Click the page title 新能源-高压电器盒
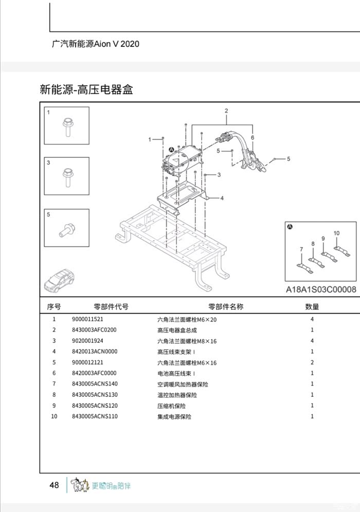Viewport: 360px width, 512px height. [86, 89]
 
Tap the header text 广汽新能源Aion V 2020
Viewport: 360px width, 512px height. [96, 44]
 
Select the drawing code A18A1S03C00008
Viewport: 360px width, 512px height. [321, 289]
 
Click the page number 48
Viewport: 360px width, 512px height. [54, 485]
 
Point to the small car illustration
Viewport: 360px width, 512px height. [59, 279]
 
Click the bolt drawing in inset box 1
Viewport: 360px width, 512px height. [67, 126]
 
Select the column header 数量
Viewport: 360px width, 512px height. [312, 307]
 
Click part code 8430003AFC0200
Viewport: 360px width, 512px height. [95, 330]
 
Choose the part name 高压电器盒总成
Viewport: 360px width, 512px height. [177, 331]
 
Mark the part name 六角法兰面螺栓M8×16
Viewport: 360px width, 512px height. [187, 341]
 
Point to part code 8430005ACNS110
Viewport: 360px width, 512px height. [95, 416]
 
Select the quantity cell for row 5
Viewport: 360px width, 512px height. [312, 363]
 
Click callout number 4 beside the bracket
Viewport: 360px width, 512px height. [222, 198]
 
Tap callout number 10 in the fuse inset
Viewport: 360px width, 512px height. [336, 233]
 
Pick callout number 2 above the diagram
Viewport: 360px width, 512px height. [226, 111]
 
